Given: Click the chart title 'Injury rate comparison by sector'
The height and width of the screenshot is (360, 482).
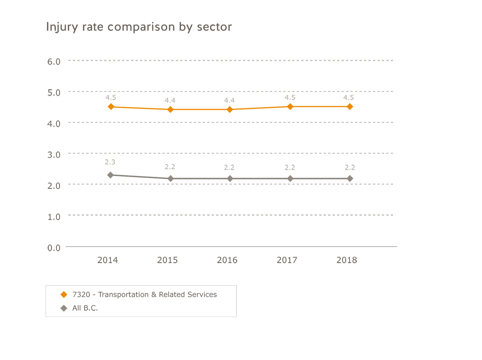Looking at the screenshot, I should click(139, 27).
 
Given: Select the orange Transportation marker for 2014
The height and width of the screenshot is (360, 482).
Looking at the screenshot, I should click(111, 107).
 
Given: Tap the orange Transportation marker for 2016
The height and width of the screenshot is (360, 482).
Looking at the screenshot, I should click(230, 109).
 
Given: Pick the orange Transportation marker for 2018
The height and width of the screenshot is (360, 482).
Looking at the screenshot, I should click(350, 107).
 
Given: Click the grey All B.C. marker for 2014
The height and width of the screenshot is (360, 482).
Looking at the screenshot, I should click(111, 175).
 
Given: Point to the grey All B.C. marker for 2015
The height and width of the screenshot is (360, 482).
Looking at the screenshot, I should click(170, 179).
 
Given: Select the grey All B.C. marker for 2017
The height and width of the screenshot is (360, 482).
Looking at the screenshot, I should click(290, 179).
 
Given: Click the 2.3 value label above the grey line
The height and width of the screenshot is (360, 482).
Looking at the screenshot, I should click(110, 162).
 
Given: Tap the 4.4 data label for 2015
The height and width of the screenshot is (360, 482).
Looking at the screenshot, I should click(170, 101).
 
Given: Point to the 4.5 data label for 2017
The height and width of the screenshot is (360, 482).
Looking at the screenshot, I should click(290, 98).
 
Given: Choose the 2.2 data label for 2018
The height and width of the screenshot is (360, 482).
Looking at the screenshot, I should click(350, 168).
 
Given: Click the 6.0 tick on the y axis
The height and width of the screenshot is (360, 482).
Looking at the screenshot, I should click(54, 62).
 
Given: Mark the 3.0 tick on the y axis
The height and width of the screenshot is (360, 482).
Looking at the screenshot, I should click(54, 155).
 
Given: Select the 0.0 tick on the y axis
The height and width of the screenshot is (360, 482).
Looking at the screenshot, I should click(54, 248).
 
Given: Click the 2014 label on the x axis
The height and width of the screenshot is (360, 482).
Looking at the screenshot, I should click(108, 260).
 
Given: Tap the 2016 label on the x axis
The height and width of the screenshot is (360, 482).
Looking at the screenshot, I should click(227, 260).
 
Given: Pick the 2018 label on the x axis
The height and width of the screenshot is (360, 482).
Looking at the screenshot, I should click(346, 260).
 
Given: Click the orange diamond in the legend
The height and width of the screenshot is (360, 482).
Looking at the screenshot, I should click(64, 295).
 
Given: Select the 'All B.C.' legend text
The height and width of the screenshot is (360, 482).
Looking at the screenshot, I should click(85, 308).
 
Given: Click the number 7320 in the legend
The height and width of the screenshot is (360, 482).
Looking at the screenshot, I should click(81, 295).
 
